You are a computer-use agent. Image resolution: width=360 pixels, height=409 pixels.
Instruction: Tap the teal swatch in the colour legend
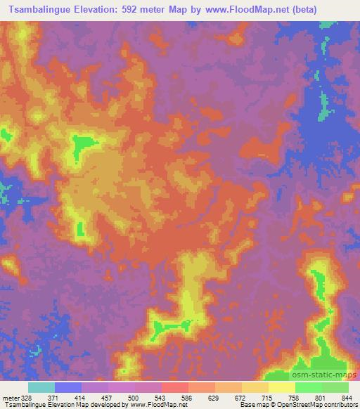[41, 388]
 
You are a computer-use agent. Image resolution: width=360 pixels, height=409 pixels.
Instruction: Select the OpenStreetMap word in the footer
[302, 405]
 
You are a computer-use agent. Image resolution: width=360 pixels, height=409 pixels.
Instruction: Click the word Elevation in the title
[96, 10]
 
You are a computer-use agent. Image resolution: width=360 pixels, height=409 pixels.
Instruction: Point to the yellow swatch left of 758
[282, 388]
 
